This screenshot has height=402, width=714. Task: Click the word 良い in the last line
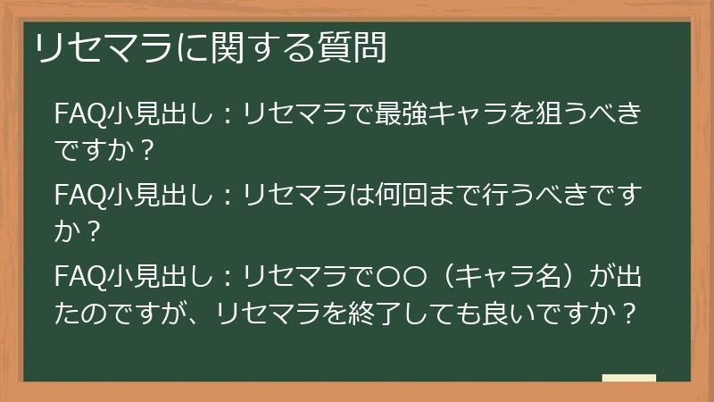pos(502,314)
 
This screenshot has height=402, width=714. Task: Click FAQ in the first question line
pos(79,115)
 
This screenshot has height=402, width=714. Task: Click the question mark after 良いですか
pos(629,314)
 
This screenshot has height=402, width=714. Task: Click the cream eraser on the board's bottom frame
pos(628,379)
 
